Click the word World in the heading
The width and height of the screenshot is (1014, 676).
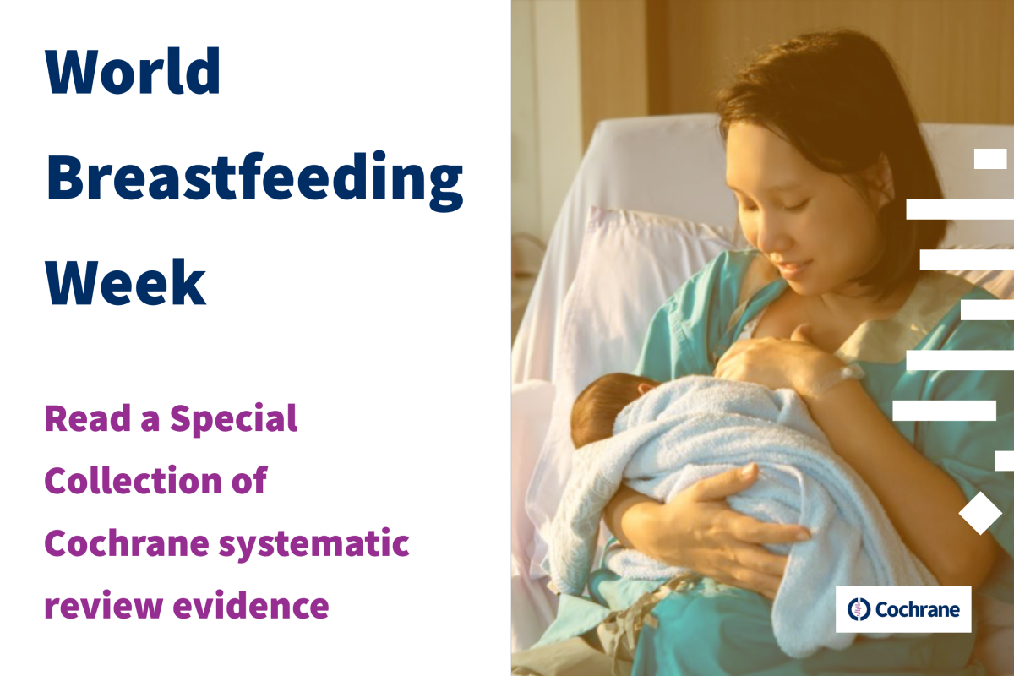click(x=133, y=71)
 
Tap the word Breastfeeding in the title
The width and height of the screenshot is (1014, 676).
click(x=254, y=181)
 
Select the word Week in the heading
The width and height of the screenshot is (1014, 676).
click(x=125, y=282)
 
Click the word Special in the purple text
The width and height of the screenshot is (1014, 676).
click(x=233, y=418)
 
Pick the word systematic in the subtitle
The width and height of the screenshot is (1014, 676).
click(x=314, y=544)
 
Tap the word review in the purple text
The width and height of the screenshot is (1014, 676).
click(x=104, y=607)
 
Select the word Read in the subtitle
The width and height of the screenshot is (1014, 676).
click(x=88, y=418)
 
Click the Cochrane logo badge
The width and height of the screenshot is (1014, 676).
click(x=903, y=609)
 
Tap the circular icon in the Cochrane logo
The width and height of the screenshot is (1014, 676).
click(x=859, y=609)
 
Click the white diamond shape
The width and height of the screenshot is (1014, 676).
click(x=980, y=513)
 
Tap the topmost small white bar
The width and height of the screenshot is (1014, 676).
click(x=990, y=159)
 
